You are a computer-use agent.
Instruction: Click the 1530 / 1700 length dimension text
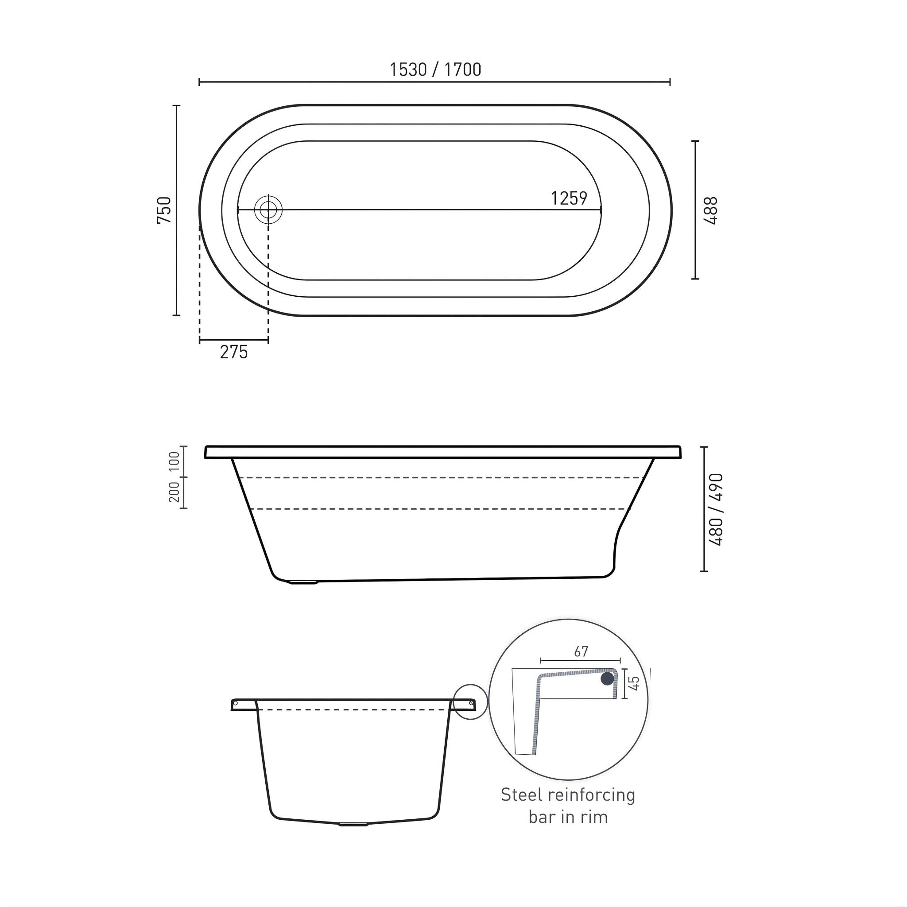click(435, 70)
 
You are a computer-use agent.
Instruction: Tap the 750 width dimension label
click(165, 210)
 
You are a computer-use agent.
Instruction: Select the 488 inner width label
click(712, 210)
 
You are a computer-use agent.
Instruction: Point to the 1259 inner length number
click(569, 198)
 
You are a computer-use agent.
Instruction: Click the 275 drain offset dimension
click(233, 352)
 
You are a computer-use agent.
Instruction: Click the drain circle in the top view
click(268, 210)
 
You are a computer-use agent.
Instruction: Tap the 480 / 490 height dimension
click(717, 509)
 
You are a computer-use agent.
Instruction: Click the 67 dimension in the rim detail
click(581, 651)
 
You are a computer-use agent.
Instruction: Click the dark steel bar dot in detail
click(608, 678)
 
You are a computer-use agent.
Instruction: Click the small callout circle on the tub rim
click(470, 702)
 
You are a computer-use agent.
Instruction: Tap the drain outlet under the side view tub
click(304, 582)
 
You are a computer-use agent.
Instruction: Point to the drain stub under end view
click(353, 824)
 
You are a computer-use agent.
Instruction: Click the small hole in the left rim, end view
click(236, 703)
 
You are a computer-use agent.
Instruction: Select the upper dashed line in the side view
click(441, 477)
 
